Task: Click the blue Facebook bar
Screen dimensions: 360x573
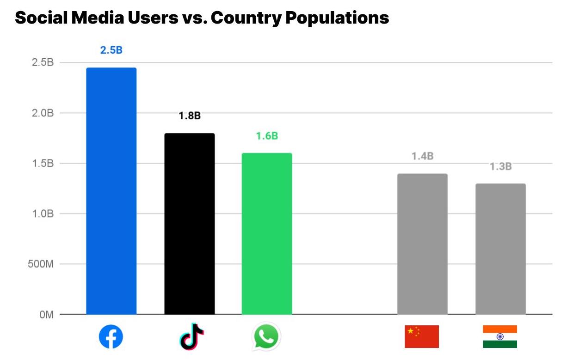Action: [111, 191]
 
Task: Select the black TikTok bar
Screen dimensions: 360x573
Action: [190, 224]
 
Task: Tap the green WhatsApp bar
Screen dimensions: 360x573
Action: [267, 233]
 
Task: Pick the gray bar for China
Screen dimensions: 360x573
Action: [422, 244]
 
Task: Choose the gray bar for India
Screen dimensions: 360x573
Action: [500, 249]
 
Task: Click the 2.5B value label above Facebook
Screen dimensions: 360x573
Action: [111, 50]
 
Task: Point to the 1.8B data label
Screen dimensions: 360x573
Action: [190, 116]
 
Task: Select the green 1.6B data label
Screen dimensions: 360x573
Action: [267, 136]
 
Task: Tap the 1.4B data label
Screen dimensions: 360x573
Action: [422, 156]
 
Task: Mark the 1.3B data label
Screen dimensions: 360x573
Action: [500, 166]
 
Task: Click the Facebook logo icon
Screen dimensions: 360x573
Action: [111, 336]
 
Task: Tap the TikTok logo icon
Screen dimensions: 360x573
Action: [191, 336]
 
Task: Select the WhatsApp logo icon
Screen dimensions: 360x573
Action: [267, 336]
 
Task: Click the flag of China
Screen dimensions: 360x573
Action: [421, 336]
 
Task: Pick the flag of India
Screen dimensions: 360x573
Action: [499, 336]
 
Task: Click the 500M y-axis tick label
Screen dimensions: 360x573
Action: [41, 264]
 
